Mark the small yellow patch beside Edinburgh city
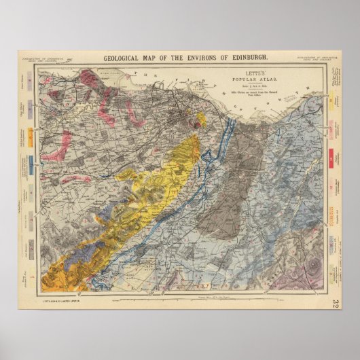click(x=200, y=120)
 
